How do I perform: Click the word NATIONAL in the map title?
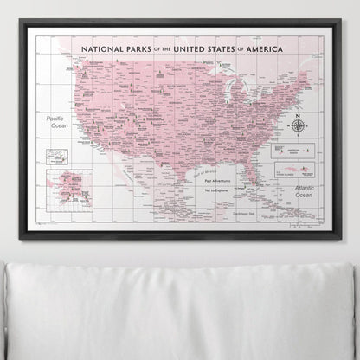[103, 51]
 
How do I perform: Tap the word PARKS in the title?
[145, 51]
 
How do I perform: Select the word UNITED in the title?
[191, 51]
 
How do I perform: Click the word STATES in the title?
[229, 51]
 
